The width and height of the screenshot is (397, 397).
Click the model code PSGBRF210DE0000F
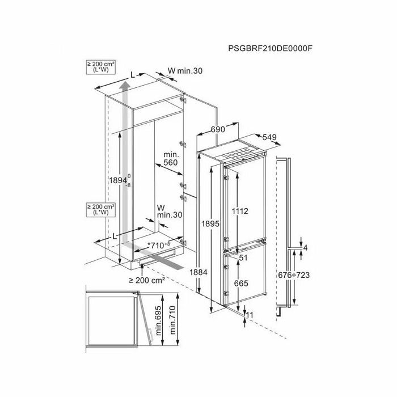[x=270, y=48]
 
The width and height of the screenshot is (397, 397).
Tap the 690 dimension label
[x=218, y=129]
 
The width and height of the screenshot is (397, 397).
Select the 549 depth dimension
[x=269, y=137]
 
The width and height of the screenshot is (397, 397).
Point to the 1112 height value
[x=240, y=211]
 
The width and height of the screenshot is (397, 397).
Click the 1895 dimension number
[x=210, y=223]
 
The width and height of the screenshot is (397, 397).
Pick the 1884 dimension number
[x=198, y=272]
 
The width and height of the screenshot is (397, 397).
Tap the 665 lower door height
[x=241, y=284]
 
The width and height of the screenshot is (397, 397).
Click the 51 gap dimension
[x=243, y=257]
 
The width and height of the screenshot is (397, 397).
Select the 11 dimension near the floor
[x=250, y=315]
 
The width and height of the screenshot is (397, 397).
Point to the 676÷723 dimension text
[x=294, y=275]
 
